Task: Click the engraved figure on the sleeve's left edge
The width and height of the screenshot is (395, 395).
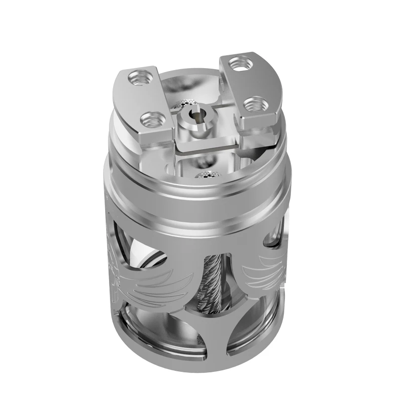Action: (117, 276)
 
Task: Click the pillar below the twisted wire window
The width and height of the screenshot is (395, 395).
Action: (207, 346)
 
